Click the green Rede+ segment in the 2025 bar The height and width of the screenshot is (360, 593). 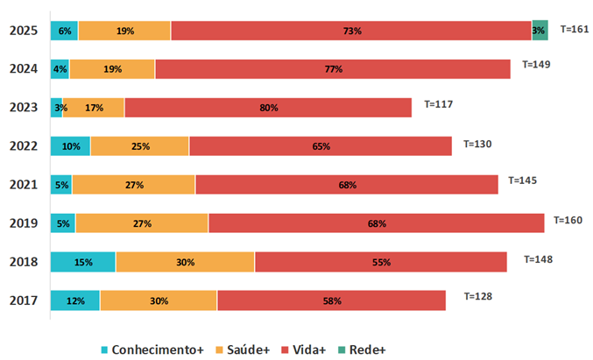[x=540, y=31]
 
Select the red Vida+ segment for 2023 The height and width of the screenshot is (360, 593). [x=268, y=108]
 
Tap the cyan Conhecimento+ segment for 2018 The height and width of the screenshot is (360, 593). [x=83, y=262]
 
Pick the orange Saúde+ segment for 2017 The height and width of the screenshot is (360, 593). [x=159, y=300]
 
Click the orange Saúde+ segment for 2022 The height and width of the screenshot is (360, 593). [x=139, y=146]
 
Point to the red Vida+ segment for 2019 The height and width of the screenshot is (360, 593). [x=376, y=223]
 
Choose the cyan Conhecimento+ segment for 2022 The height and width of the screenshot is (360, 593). [x=70, y=146]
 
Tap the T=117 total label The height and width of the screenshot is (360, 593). [x=439, y=103]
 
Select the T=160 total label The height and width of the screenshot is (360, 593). [x=567, y=219]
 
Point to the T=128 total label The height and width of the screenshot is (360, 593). [x=477, y=296]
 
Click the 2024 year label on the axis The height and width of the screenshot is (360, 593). [x=25, y=69]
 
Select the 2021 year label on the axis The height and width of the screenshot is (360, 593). [x=25, y=185]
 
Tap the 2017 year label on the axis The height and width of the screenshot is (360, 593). [x=25, y=300]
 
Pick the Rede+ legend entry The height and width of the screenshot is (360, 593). [x=360, y=349]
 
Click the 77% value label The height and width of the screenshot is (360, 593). [x=333, y=69]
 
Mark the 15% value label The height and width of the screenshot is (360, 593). [x=83, y=262]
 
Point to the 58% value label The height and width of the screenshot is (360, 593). [x=331, y=300]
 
